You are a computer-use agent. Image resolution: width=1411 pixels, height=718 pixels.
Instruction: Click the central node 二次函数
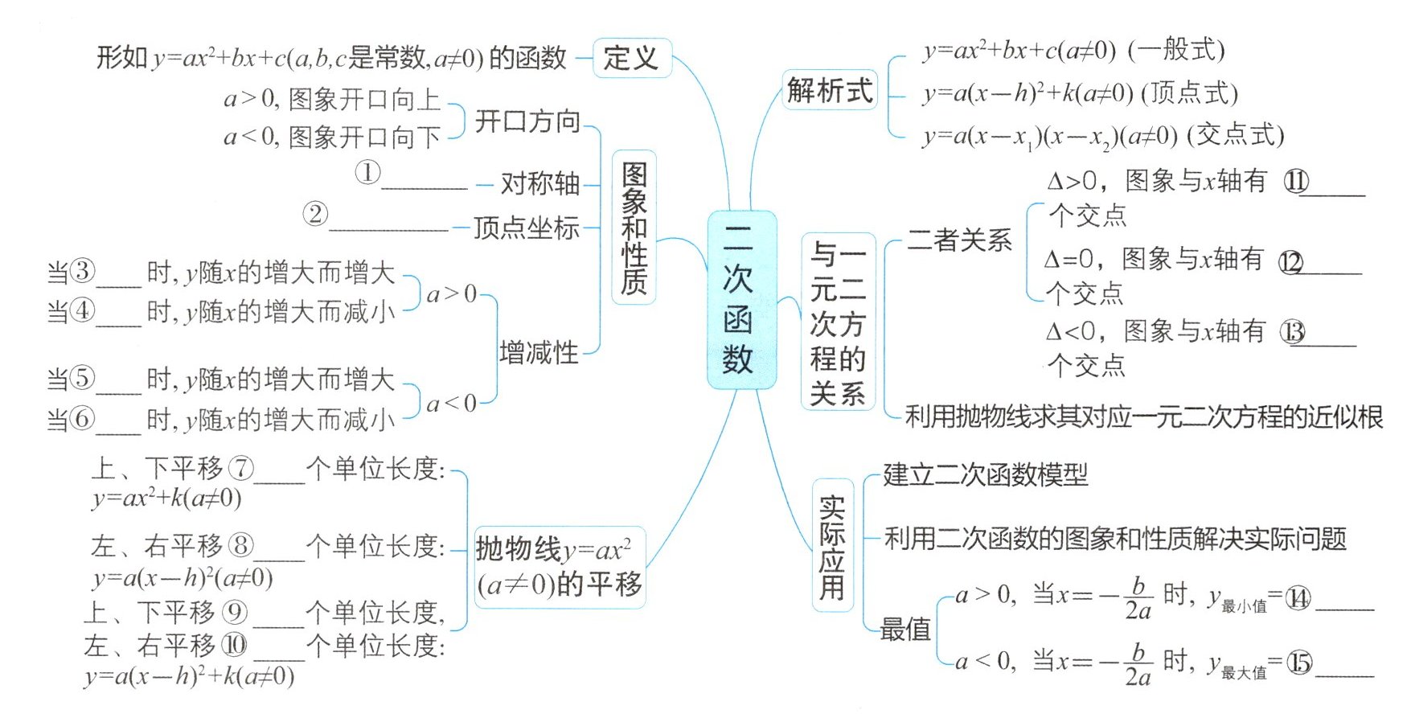[740, 299]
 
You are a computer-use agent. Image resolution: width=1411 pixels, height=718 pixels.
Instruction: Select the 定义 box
[631, 58]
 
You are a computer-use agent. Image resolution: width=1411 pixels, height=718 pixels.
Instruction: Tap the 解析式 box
[829, 90]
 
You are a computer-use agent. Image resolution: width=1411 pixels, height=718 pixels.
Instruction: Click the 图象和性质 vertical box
[634, 228]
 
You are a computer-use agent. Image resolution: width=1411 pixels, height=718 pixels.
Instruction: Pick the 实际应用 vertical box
[832, 547]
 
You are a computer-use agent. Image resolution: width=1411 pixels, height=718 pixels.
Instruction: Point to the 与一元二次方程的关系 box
[837, 323]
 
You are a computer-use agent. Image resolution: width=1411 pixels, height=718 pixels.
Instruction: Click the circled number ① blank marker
[367, 172]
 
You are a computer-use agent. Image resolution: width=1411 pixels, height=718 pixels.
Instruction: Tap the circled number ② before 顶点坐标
[315, 214]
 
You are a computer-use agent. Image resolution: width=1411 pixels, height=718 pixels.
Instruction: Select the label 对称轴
[539, 184]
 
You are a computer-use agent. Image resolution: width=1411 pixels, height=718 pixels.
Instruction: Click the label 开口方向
[527, 122]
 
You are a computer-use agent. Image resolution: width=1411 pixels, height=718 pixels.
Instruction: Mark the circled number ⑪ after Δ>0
[1296, 182]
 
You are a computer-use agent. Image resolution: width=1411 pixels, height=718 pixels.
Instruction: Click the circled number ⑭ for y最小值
[1298, 598]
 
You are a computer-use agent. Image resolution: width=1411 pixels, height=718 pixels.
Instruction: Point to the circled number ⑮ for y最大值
[1299, 663]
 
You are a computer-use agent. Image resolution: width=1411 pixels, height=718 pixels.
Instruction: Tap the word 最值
[904, 630]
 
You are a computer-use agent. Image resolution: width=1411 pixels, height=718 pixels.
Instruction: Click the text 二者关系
[959, 240]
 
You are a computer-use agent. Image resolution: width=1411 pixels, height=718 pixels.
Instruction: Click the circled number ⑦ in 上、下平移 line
[240, 468]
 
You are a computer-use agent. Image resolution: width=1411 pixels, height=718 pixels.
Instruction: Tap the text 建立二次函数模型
[985, 474]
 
